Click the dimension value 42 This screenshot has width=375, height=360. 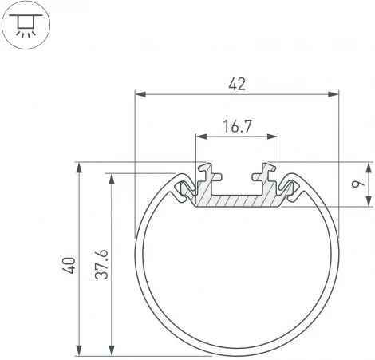coord(237,83)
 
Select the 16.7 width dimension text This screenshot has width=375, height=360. coord(237,125)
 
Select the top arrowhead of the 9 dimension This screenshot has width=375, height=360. coord(369,168)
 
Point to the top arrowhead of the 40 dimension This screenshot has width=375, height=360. coord(79,168)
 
